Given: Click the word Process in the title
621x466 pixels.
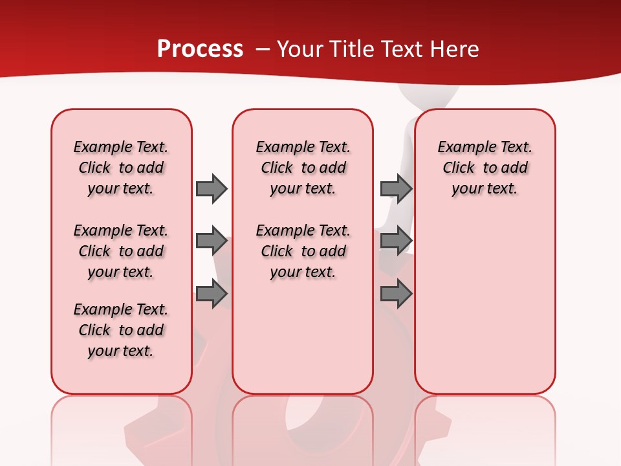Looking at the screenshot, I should pos(200,49).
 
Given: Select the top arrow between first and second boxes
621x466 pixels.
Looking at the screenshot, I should pos(211,188).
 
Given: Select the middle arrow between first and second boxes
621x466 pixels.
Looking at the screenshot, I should pos(211,241).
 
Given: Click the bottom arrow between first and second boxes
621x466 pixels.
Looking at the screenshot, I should pos(211,294).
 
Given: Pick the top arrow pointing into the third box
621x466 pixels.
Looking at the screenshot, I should pos(396,188).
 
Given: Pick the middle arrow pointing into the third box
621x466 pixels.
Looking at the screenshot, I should pos(396,241).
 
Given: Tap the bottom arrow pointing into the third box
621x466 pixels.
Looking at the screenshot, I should pos(396,294).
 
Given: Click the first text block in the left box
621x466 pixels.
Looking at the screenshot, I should pos(121,168).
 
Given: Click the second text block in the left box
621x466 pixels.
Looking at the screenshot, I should pos(121,251).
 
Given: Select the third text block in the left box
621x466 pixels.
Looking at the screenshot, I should pos(121,330).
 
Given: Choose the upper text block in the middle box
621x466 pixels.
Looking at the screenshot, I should pos(303,168).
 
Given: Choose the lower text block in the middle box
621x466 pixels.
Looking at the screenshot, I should pos(303,251).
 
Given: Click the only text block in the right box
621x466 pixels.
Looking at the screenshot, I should pos(485,168).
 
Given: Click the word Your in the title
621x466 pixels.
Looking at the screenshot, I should pos(300,49).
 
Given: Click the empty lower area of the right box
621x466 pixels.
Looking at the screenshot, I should pos(485,304).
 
